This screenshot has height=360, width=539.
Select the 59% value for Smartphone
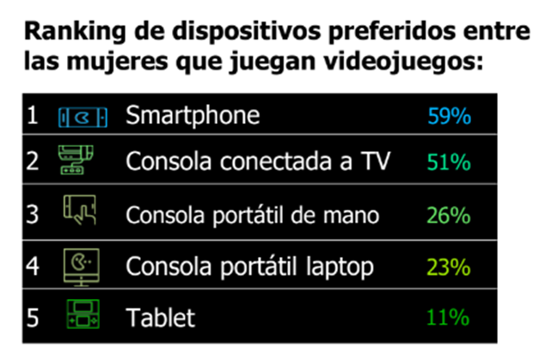(x=449, y=115)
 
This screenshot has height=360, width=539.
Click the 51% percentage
(x=449, y=162)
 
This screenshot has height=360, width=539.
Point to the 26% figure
(x=449, y=215)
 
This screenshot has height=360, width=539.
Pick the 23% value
(x=449, y=267)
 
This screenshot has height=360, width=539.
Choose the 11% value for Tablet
(x=449, y=318)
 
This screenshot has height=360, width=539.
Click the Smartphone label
(x=193, y=115)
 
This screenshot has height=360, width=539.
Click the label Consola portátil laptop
(x=250, y=267)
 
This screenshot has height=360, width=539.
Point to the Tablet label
(x=161, y=318)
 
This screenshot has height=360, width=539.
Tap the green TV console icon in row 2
(x=77, y=161)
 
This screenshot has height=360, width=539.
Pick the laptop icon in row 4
(x=79, y=265)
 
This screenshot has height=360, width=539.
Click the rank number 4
(x=34, y=267)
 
